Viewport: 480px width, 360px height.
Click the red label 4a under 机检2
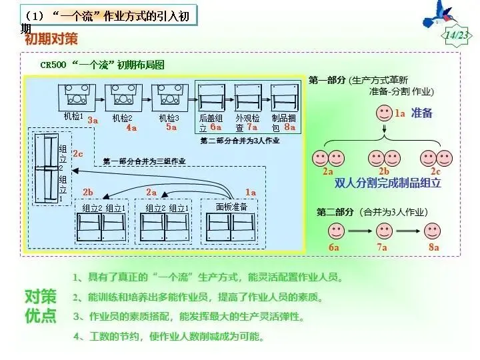pyautogui.click(x=131, y=127)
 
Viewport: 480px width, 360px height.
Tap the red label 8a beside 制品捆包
pyautogui.click(x=289, y=125)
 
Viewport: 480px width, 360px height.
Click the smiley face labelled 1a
pyautogui.click(x=385, y=112)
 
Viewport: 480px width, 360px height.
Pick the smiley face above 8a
pyautogui.click(x=433, y=231)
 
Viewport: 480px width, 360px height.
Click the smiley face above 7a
pyautogui.click(x=383, y=231)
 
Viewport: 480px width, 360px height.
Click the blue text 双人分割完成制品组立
pyautogui.click(x=388, y=182)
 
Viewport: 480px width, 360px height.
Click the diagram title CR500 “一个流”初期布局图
pyautogui.click(x=102, y=65)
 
